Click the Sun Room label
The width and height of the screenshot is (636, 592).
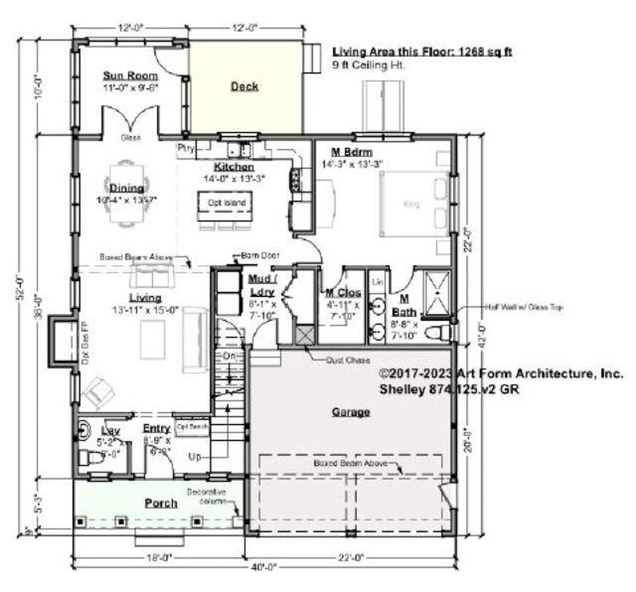coord(131,76)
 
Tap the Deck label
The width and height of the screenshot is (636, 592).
coord(244,87)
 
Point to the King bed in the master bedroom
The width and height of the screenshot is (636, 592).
coord(412,204)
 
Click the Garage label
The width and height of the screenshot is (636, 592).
coord(351,412)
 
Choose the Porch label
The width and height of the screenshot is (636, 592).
coord(161,503)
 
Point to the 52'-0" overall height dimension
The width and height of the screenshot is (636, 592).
coord(21,288)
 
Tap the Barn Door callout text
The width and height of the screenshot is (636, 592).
coord(260,256)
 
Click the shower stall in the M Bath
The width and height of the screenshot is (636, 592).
coord(437,293)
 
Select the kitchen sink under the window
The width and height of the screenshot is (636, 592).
coord(239,149)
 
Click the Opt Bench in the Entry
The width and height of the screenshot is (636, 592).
coord(192,427)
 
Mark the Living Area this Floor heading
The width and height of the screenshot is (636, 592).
coord(422,52)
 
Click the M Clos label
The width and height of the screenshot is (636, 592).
coord(343,293)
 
